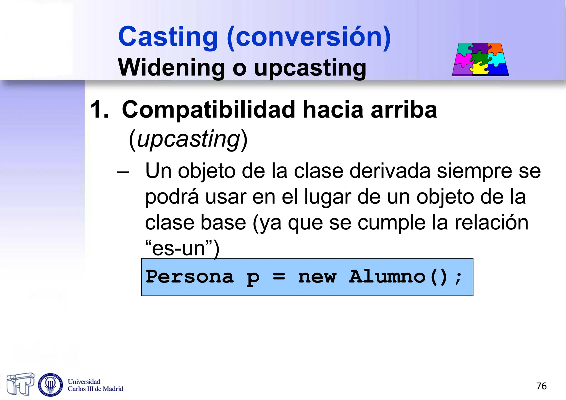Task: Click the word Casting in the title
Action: click(168, 37)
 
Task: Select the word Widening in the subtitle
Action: click(171, 68)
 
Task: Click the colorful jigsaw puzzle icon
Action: click(480, 59)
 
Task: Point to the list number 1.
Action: click(99, 110)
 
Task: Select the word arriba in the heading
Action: click(404, 110)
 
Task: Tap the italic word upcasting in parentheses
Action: click(188, 139)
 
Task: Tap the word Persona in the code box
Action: click(190, 277)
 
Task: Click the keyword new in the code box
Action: click(317, 277)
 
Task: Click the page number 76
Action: click(541, 386)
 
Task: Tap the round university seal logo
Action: click(51, 385)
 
